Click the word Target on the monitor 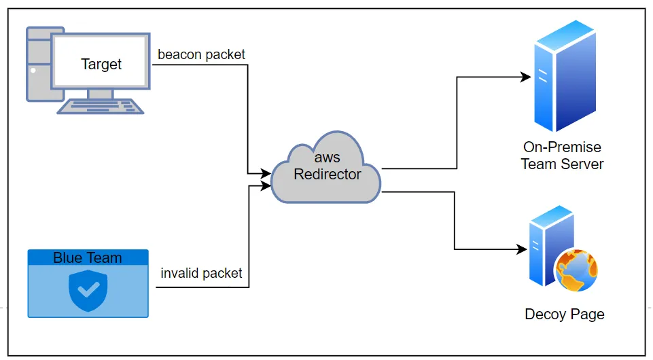click(101, 65)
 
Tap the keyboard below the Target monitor click(101, 106)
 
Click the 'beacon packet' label click(201, 54)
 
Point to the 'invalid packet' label click(201, 273)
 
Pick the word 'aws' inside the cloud click(327, 158)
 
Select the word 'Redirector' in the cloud click(327, 175)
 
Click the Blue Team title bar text click(88, 258)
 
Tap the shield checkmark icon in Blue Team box click(88, 291)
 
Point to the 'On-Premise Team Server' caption click(562, 156)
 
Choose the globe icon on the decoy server click(576, 270)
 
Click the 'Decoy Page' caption click(564, 314)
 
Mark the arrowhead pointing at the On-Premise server click(526, 77)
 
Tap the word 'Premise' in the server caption click(578, 147)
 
